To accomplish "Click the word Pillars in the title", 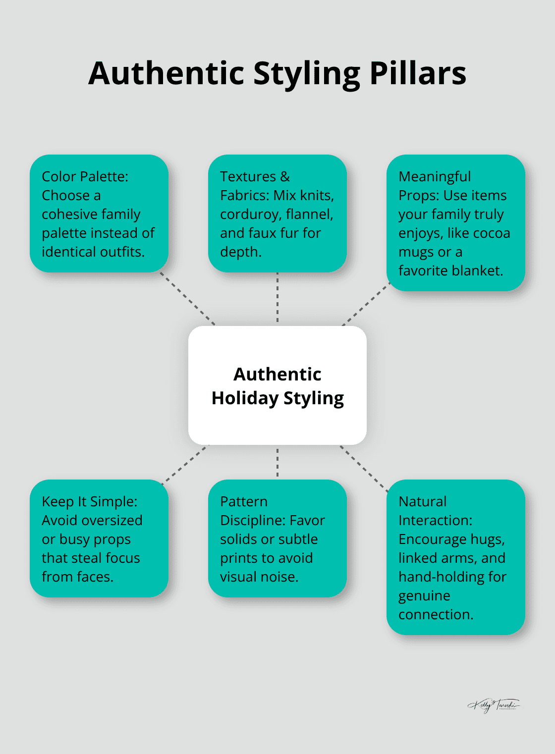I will pos(418,73).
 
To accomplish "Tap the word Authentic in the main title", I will pos(166,73).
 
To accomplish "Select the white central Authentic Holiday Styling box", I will pos(277,385).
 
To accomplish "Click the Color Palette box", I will pos(99,214).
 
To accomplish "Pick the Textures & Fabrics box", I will pos(277,214).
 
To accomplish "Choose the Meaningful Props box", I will pos(455,223).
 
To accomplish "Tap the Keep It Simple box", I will pos(99,539).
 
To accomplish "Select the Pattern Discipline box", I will pos(277,539).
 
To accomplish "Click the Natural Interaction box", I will pos(455,557).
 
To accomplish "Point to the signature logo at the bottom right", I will pos(494,705).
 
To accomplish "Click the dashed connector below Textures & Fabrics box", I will pos(277,298).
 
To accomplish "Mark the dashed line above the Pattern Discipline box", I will pos(277,462).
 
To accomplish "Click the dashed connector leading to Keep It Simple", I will pos(184,464).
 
